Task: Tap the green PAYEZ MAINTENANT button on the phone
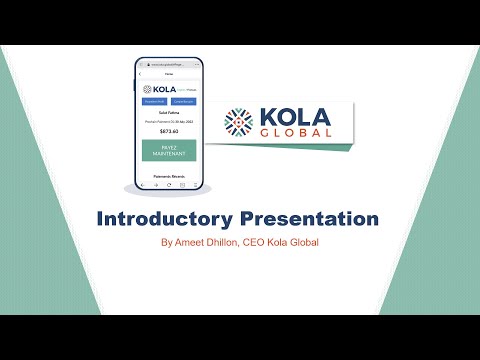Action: point(168,150)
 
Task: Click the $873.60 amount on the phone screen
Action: point(168,131)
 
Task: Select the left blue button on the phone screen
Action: point(155,101)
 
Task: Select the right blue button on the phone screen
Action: point(183,101)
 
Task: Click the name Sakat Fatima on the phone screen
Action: point(168,115)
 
